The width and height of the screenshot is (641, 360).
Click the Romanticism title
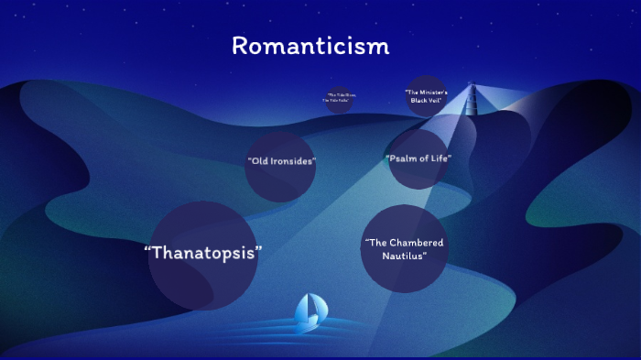click(310, 46)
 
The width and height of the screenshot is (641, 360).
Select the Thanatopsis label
click(203, 253)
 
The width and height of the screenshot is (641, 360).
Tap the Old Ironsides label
click(281, 161)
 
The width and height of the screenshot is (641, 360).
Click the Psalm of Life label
click(419, 158)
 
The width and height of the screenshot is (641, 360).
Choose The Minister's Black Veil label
click(426, 95)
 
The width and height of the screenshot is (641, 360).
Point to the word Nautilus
click(403, 256)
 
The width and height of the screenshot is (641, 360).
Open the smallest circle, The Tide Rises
click(340, 98)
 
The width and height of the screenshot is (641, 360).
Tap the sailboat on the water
click(308, 311)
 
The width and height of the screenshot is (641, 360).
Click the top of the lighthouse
click(473, 85)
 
